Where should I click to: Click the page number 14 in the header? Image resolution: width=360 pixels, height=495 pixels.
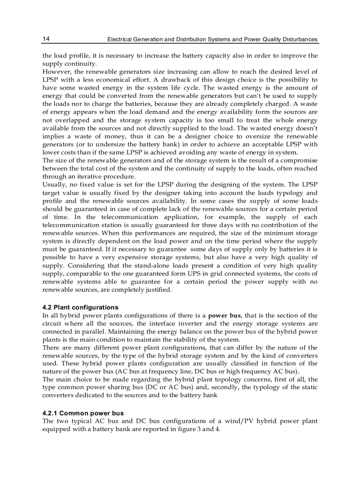pyautogui.click(x=46, y=39)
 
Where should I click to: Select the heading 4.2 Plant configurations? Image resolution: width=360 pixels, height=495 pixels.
pyautogui.click(x=80, y=307)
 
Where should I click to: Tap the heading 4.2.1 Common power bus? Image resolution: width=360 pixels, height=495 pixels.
pyautogui.click(x=83, y=413)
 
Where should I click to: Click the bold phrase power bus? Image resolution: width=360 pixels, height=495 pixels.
pyautogui.click(x=224, y=316)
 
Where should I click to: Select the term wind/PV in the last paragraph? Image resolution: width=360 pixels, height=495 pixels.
pyautogui.click(x=227, y=421)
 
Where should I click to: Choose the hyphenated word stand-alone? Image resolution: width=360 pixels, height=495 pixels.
pyautogui.click(x=144, y=266)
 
